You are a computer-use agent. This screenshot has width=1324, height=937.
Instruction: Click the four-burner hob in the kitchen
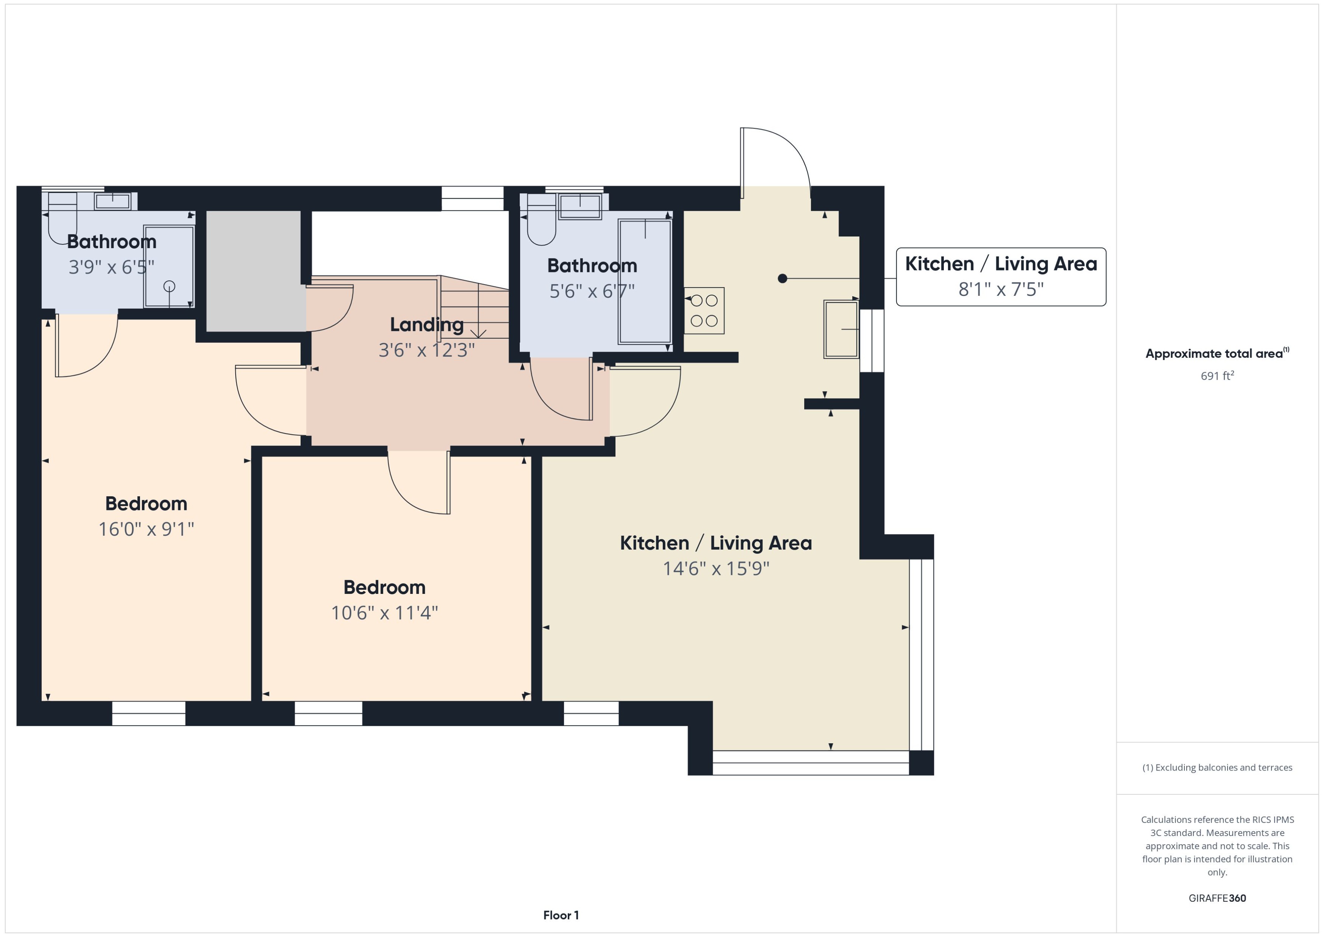tap(704, 311)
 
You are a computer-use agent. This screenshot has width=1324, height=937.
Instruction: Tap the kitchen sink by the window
tap(841, 329)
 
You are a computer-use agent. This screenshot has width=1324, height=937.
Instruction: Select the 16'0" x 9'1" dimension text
tap(146, 529)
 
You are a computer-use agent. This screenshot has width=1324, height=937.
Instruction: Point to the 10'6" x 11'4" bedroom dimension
tap(384, 613)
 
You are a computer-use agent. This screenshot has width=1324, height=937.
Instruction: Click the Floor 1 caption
tap(561, 915)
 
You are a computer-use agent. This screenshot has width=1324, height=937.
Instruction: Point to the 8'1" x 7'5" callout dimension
tap(1001, 289)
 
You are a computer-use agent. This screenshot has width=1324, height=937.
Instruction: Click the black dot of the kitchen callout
tap(782, 279)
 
